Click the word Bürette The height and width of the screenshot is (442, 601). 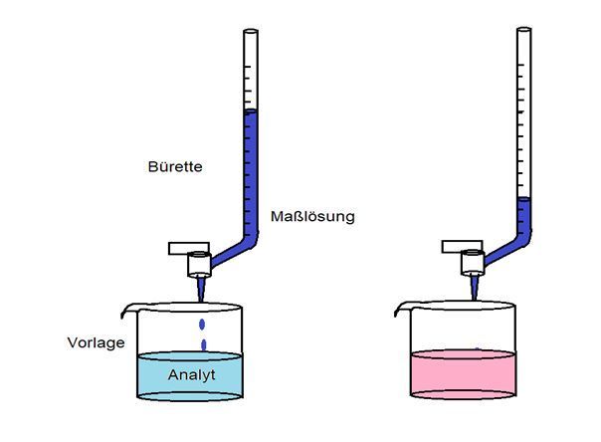(x=174, y=167)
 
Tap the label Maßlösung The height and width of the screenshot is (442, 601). (x=312, y=216)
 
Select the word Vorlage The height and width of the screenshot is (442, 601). (x=96, y=342)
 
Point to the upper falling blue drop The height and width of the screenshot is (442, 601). (x=204, y=324)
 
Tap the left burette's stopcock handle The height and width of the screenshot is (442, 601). (x=185, y=246)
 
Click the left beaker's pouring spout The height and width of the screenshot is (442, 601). (x=126, y=312)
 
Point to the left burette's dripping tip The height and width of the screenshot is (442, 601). (x=200, y=290)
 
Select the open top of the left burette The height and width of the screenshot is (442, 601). (x=250, y=34)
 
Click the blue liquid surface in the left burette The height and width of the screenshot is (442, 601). (x=250, y=113)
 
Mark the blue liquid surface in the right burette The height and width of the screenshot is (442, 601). (x=523, y=201)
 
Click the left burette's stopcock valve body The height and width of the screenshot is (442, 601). (x=199, y=263)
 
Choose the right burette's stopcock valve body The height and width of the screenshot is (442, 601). (x=473, y=262)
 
